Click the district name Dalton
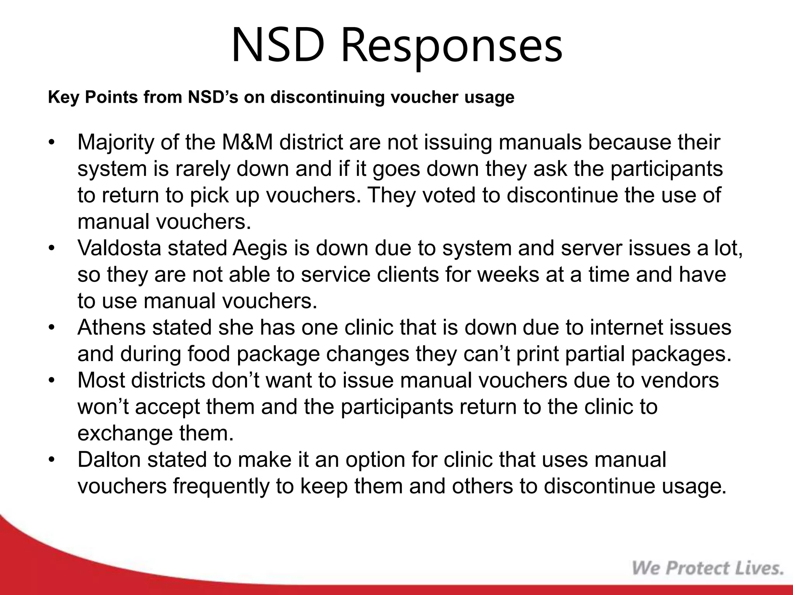point(109,459)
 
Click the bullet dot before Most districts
point(52,380)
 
